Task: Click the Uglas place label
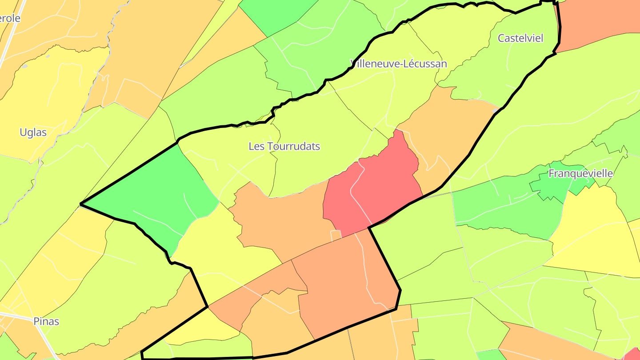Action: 33,132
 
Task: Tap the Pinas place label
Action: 46,321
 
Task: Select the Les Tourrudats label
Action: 284,146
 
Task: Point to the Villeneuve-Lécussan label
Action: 399,64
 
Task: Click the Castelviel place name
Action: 520,38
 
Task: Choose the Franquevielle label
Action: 580,173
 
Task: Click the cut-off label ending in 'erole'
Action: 10,19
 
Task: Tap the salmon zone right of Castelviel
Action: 596,22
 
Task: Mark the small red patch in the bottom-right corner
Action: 633,354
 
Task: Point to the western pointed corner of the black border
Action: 81,204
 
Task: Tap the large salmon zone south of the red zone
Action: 342,284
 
